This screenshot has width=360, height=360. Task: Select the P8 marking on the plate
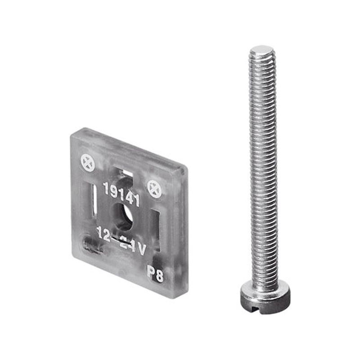[155, 274]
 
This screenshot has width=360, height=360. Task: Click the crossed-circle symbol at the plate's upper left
[88, 164]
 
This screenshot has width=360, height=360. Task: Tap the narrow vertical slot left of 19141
[94, 200]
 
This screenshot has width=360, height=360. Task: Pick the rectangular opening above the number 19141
[125, 175]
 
